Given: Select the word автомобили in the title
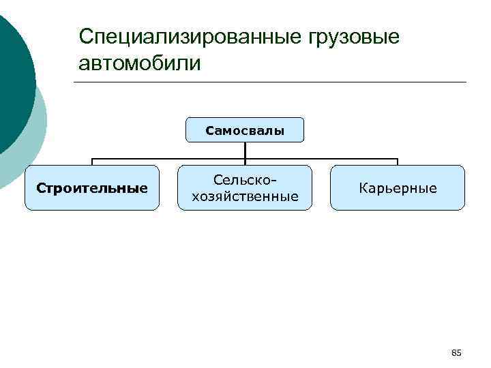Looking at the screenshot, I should (x=140, y=64).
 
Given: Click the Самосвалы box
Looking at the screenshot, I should (x=245, y=129).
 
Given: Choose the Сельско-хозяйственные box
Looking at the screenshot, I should (x=245, y=187).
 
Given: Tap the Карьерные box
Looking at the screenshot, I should (x=398, y=187).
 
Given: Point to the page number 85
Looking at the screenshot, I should (x=456, y=352).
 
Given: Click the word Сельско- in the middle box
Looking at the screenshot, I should (x=245, y=179).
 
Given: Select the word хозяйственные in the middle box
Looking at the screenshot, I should (x=245, y=197).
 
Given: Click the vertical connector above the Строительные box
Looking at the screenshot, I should (x=92, y=162).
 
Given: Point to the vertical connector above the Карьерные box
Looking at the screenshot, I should (x=398, y=162).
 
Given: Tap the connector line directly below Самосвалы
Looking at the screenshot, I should (x=245, y=150).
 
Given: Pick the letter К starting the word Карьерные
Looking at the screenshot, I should (x=363, y=188).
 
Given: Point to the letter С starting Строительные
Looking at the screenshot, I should (x=40, y=188).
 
